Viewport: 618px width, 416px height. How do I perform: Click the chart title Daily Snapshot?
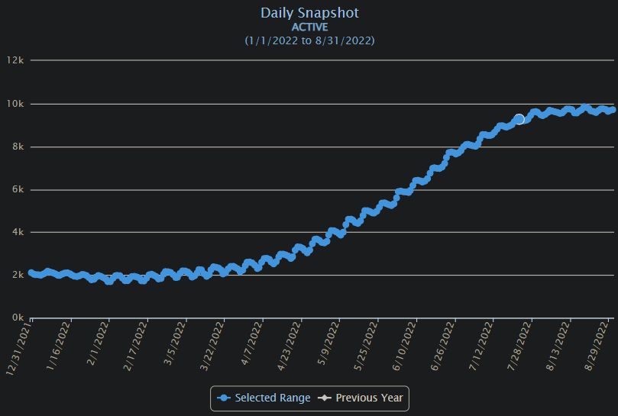309,13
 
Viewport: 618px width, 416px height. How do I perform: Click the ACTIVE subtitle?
309,27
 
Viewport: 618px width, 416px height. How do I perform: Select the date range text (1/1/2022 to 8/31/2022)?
309,40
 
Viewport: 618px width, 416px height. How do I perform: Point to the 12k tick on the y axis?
16,60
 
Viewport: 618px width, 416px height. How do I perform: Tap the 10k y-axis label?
16,104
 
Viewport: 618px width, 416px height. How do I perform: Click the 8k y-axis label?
18,147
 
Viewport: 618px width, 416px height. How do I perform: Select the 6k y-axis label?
18,189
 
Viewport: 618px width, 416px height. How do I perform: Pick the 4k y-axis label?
18,232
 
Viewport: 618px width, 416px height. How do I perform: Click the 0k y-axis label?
18,318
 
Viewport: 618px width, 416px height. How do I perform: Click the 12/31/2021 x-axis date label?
20,348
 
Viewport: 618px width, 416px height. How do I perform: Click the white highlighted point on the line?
519,119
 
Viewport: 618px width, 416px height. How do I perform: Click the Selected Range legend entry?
264,398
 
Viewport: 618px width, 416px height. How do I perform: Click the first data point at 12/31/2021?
32,272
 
